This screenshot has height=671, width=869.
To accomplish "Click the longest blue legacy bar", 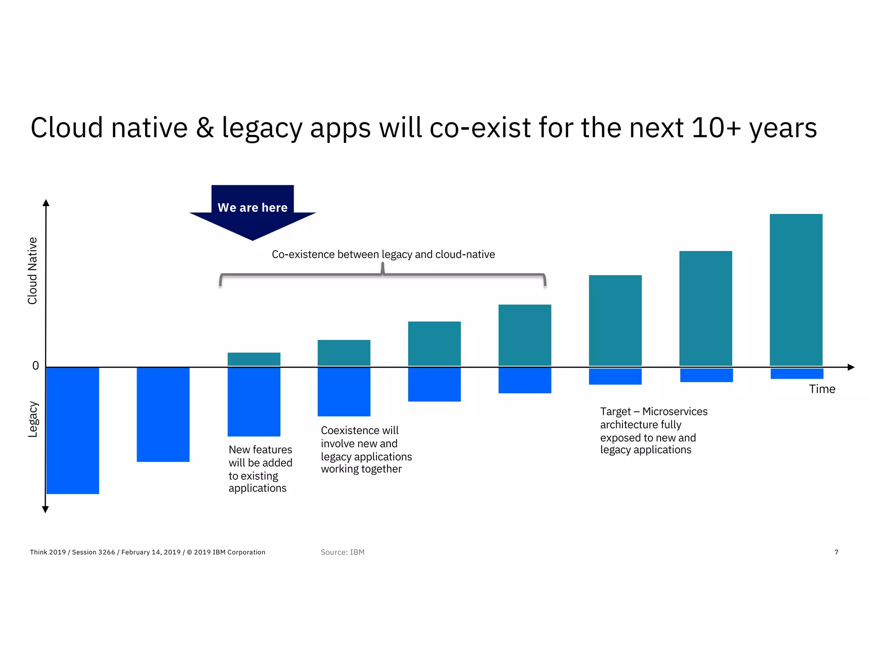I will [x=73, y=430].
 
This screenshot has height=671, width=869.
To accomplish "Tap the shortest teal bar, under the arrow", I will [x=254, y=359].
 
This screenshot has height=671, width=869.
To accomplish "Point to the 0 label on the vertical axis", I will [x=36, y=366].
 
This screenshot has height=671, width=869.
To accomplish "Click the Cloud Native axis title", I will [x=33, y=271].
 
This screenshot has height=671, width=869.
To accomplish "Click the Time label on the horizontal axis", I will [x=821, y=389].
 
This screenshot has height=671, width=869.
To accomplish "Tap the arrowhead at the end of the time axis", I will [x=850, y=367].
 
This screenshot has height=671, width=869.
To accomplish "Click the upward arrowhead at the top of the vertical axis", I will [x=46, y=203].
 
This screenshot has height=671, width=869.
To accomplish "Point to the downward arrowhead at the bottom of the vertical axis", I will [x=46, y=509].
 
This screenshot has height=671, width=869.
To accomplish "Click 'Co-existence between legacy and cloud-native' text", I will [x=383, y=254].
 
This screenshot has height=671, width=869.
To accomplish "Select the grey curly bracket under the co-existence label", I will [x=382, y=275].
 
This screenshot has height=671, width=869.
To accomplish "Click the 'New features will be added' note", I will [x=260, y=468].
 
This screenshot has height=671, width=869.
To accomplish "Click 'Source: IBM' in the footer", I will [x=342, y=552].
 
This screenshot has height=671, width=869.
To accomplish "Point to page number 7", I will [x=836, y=552].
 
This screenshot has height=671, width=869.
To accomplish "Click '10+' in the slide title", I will [x=716, y=127].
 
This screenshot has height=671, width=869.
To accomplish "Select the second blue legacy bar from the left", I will [x=163, y=414].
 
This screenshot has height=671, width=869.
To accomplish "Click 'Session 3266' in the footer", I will [x=93, y=552].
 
